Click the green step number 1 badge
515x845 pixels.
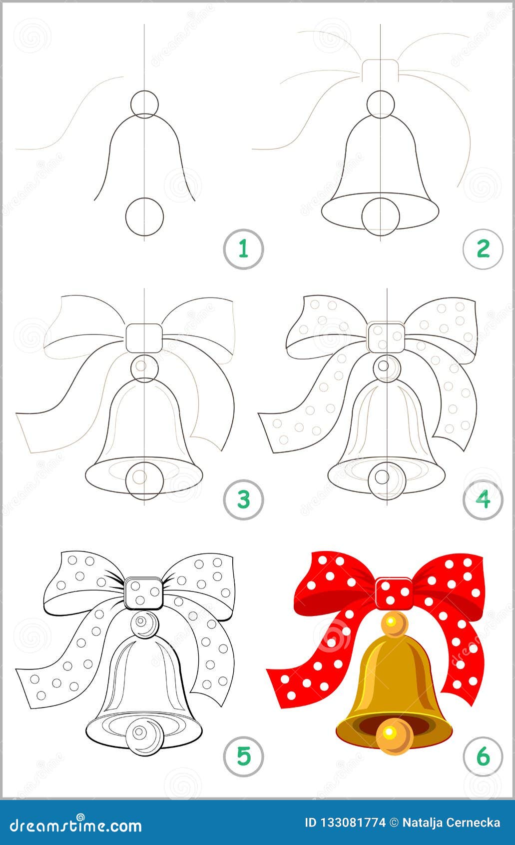243,248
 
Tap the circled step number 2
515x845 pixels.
483,248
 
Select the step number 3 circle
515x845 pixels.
243,499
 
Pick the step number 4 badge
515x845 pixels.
483,499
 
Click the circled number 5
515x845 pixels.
243,756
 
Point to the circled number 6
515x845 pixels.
483,756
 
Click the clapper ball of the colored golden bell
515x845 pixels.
395,735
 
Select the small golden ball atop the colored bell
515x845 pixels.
395,623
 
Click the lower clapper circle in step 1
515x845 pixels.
144,216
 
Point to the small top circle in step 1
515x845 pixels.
144,104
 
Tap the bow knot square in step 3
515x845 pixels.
144,337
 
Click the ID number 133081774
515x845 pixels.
345,822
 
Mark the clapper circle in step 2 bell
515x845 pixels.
381,216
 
